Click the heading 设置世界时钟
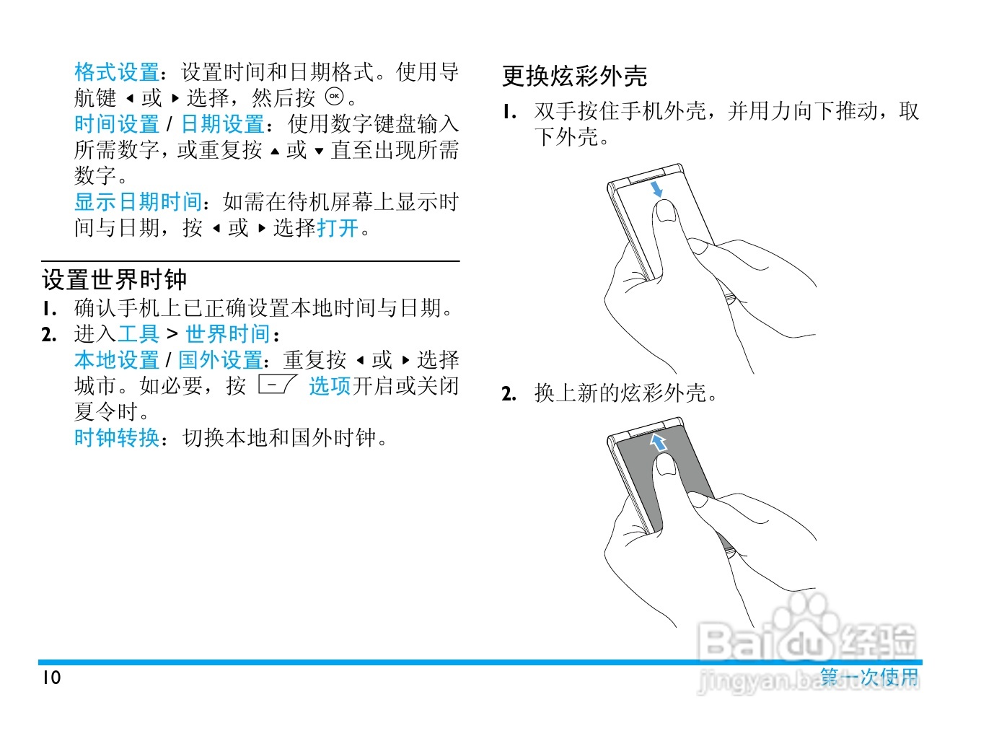(114, 279)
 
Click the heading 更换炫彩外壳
(574, 76)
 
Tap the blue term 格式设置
(117, 72)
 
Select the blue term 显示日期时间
(138, 202)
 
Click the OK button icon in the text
(335, 97)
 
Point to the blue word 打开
(338, 228)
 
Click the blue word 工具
(138, 334)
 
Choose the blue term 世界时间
(228, 334)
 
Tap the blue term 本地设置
(117, 360)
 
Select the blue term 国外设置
(221, 360)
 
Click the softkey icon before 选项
(277, 385)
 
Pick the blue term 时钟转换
(117, 438)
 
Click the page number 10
(51, 678)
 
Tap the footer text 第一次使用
(869, 677)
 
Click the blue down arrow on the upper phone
(656, 189)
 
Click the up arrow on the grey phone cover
(658, 442)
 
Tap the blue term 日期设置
(222, 124)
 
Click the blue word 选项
(330, 386)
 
